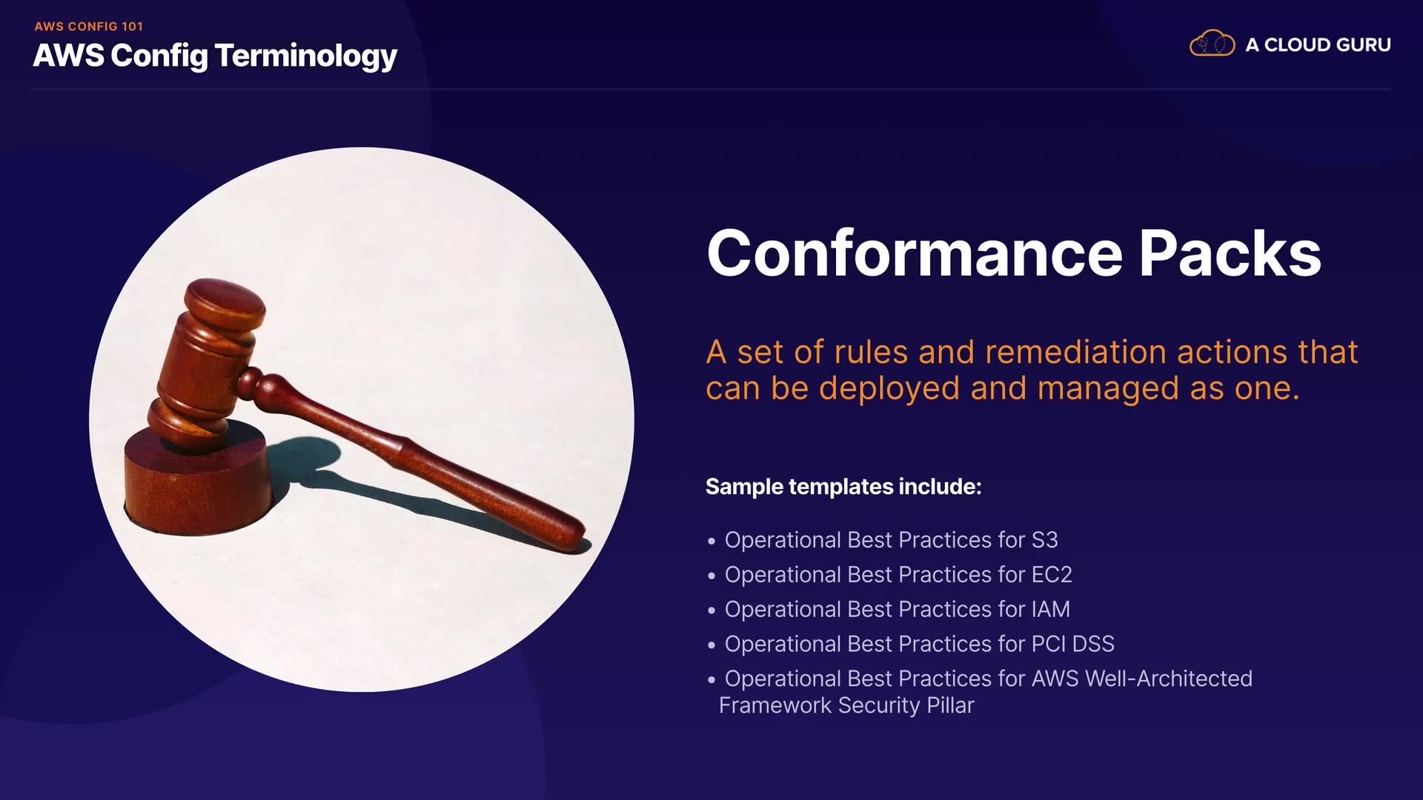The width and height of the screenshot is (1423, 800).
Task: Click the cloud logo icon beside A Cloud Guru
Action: pyautogui.click(x=1212, y=44)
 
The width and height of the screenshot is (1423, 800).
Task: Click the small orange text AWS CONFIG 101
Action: pyautogui.click(x=88, y=27)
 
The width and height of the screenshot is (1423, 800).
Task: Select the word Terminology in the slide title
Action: pyautogui.click(x=306, y=57)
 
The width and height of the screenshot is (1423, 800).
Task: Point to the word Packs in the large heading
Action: pyautogui.click(x=1230, y=253)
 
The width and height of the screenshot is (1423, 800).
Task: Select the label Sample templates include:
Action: pyautogui.click(x=843, y=487)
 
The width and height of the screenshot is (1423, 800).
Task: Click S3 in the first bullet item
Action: pyautogui.click(x=1044, y=540)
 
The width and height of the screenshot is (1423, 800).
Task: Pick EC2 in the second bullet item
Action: pyautogui.click(x=1052, y=575)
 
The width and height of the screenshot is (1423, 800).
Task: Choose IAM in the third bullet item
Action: pyautogui.click(x=1050, y=610)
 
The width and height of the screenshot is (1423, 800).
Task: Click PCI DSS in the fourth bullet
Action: pyautogui.click(x=1072, y=644)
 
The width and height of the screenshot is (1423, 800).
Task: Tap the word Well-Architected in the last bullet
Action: pyautogui.click(x=1169, y=679)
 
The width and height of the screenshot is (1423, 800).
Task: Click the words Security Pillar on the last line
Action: pyautogui.click(x=906, y=706)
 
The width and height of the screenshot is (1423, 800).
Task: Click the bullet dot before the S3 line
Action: pyautogui.click(x=711, y=541)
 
